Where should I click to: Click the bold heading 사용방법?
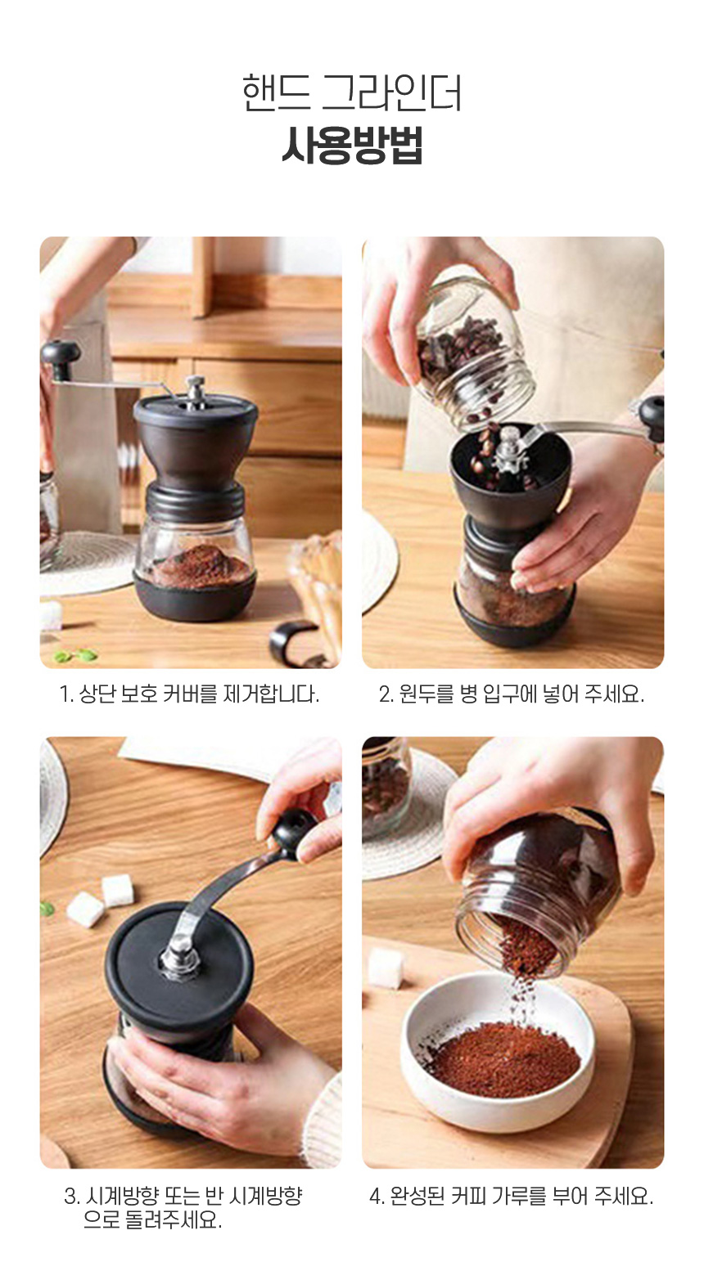pyautogui.click(x=352, y=146)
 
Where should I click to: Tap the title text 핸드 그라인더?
pyautogui.click(x=352, y=92)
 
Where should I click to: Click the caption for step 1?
pyautogui.click(x=190, y=694)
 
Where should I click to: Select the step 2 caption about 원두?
pyautogui.click(x=512, y=694)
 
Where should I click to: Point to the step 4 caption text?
pyautogui.click(x=512, y=1196)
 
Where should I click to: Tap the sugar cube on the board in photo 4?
pyautogui.click(x=386, y=968)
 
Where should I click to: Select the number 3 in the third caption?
pyautogui.click(x=70, y=1196)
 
